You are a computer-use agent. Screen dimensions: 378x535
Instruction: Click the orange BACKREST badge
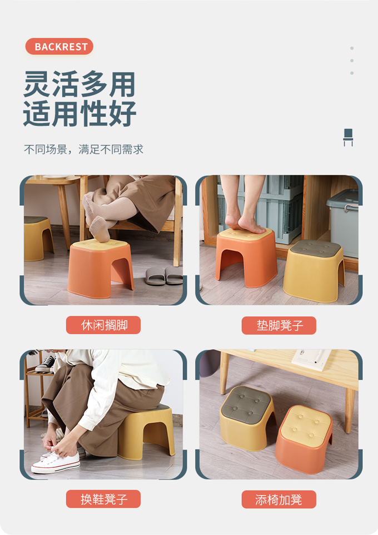pos(59,47)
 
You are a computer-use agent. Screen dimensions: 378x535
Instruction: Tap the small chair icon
pos(348,138)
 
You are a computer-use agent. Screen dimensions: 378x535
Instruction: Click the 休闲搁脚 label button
pos(103,325)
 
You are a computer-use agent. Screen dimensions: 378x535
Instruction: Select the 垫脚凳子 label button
pos(279,325)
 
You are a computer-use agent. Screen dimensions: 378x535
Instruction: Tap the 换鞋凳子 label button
pos(103,499)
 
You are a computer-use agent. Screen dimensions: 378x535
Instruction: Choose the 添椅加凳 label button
pos(279,499)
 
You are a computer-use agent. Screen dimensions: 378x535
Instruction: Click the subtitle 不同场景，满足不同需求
pos(83,149)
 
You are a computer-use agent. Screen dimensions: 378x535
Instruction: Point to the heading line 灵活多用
pos(79,84)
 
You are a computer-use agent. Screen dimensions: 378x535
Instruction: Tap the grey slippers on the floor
pos(164,276)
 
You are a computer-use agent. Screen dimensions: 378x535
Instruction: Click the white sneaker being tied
pos(56,462)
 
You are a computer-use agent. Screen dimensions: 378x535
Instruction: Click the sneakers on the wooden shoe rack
pos(46,364)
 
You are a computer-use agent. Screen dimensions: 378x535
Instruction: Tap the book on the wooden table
pos(311,359)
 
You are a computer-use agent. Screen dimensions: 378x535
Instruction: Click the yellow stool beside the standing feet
pos(314,271)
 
